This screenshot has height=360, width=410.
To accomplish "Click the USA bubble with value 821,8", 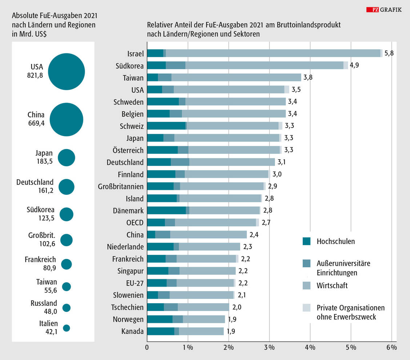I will pyautogui.click(x=67, y=72).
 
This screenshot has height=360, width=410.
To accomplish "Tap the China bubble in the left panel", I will pyautogui.click(x=67, y=119).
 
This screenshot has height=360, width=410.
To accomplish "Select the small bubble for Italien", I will pyautogui.click(x=67, y=328).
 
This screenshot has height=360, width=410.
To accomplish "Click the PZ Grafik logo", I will pyautogui.click(x=384, y=10).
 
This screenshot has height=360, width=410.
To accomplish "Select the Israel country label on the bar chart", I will pyautogui.click(x=135, y=53).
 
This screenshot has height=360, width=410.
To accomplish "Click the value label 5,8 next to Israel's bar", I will pyautogui.click(x=389, y=53).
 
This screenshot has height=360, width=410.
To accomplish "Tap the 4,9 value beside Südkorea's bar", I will pyautogui.click(x=354, y=65).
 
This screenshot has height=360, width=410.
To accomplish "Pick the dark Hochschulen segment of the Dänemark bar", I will pyautogui.click(x=166, y=211).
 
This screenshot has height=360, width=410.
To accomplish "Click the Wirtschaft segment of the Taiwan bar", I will pyautogui.click(x=236, y=77).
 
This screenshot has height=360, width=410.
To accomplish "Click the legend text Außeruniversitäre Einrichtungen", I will pyautogui.click(x=343, y=268).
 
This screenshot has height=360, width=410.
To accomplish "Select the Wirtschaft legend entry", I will pyautogui.click(x=332, y=285).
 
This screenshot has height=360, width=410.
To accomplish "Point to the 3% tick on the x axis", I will pyautogui.click(x=270, y=347).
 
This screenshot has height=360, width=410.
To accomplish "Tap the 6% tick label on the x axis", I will pyautogui.click(x=392, y=347).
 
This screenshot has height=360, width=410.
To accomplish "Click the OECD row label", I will pyautogui.click(x=135, y=223).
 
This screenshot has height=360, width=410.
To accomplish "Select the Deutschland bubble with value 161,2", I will pyautogui.click(x=67, y=187).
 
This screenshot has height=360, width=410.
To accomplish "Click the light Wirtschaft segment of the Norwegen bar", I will pyautogui.click(x=204, y=319).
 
